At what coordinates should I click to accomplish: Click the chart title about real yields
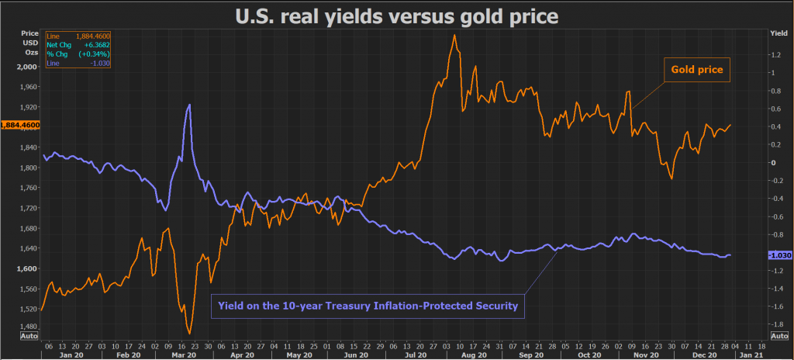coord(397,15)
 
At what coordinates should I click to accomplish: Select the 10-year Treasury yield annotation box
coord(368,306)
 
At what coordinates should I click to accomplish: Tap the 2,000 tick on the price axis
coord(29,67)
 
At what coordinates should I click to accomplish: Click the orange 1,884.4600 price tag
coord(21,125)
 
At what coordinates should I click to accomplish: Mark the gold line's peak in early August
coord(453,35)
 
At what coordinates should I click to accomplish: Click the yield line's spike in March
coord(189,104)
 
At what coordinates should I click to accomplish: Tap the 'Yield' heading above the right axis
coord(778,33)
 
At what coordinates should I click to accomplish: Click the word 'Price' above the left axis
coord(29,33)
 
